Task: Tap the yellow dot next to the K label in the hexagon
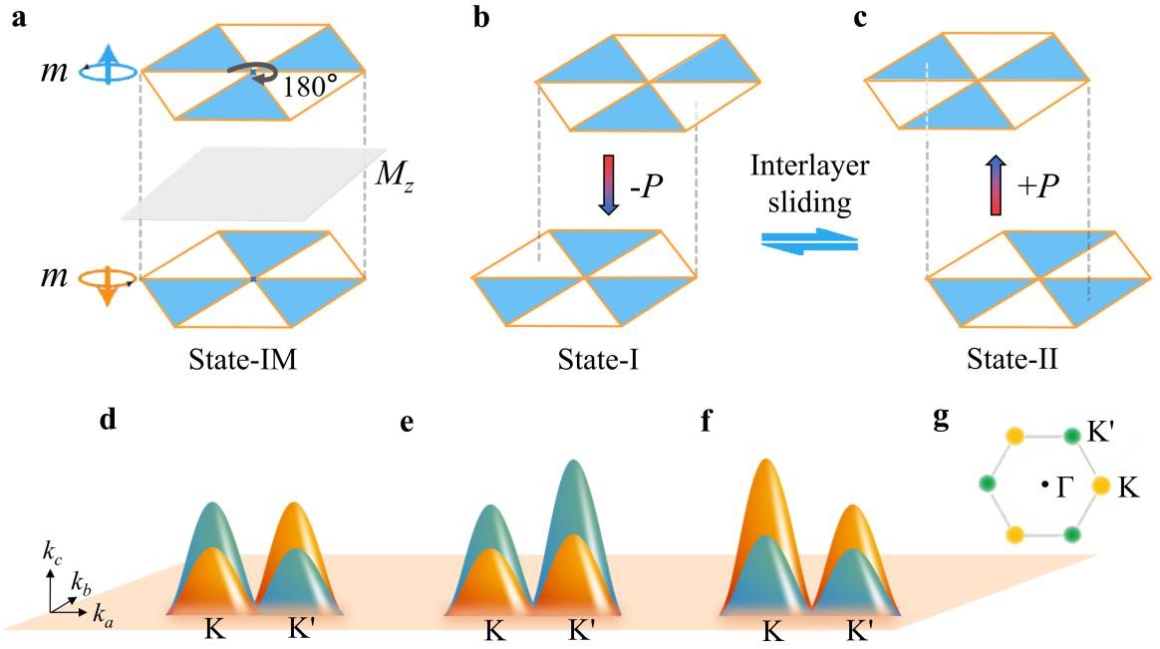tap(1101, 486)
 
